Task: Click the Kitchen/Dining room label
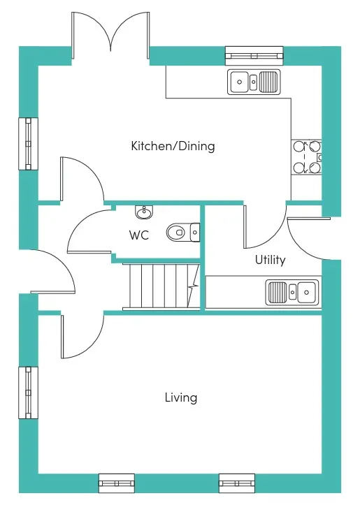(x=173, y=146)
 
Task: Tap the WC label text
(x=139, y=235)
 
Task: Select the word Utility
(x=270, y=260)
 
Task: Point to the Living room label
(x=181, y=397)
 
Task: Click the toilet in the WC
(x=183, y=232)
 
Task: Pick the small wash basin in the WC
(x=144, y=212)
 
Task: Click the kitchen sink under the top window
(x=254, y=82)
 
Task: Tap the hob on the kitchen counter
(x=306, y=157)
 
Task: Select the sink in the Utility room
(x=292, y=292)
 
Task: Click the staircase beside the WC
(x=161, y=286)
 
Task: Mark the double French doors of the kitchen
(x=110, y=36)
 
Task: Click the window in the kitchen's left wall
(x=29, y=144)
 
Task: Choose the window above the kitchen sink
(x=254, y=54)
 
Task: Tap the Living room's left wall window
(x=29, y=393)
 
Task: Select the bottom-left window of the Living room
(x=116, y=483)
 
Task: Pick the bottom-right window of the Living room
(x=237, y=483)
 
